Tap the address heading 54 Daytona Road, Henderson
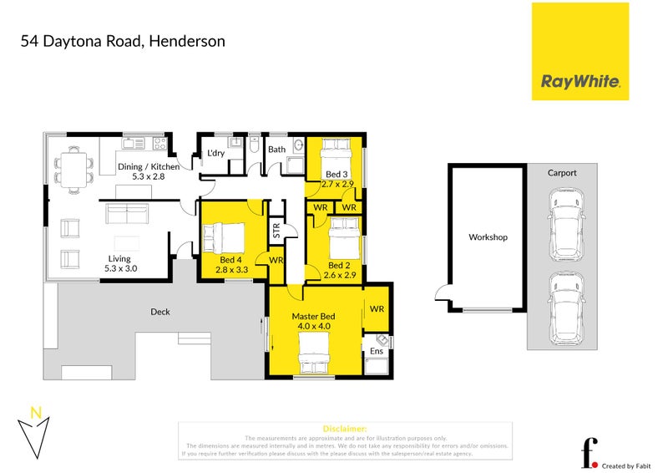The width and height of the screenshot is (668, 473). click(x=123, y=40)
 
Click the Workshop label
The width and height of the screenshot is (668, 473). click(x=488, y=237)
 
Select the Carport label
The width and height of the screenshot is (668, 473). click(x=562, y=173)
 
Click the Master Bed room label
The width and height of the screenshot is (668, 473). click(x=313, y=317)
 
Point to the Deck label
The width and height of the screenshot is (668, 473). click(x=159, y=312)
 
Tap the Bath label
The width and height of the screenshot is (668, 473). click(x=276, y=150)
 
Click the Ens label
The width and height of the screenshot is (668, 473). click(x=376, y=351)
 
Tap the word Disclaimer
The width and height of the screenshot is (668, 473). click(x=344, y=427)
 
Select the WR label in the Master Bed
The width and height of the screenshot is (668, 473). click(x=376, y=309)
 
